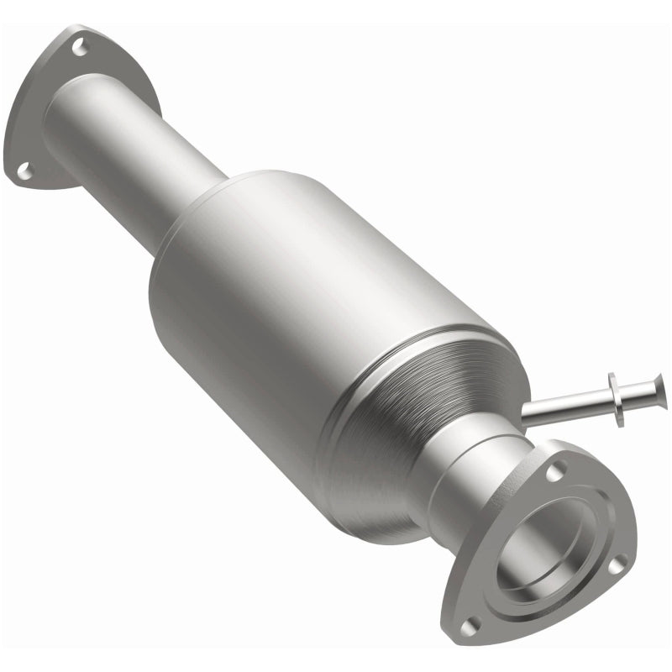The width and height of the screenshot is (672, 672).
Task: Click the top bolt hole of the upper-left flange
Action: pyautogui.click(x=80, y=48)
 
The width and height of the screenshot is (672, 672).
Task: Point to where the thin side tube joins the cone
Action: pyautogui.click(x=527, y=412)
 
